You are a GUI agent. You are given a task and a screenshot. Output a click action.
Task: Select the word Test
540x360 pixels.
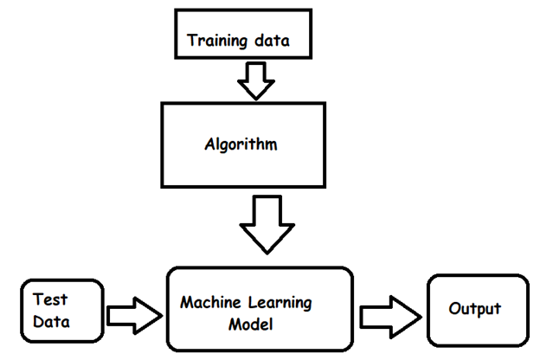click(x=50, y=299)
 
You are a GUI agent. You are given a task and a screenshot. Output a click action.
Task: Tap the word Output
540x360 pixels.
click(x=474, y=309)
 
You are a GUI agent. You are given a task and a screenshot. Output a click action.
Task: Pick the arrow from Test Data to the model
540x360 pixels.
click(x=132, y=312)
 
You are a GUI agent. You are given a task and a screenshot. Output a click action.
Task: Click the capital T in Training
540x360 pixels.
click(x=192, y=41)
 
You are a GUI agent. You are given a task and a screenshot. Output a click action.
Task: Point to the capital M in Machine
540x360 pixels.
click(x=186, y=304)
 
